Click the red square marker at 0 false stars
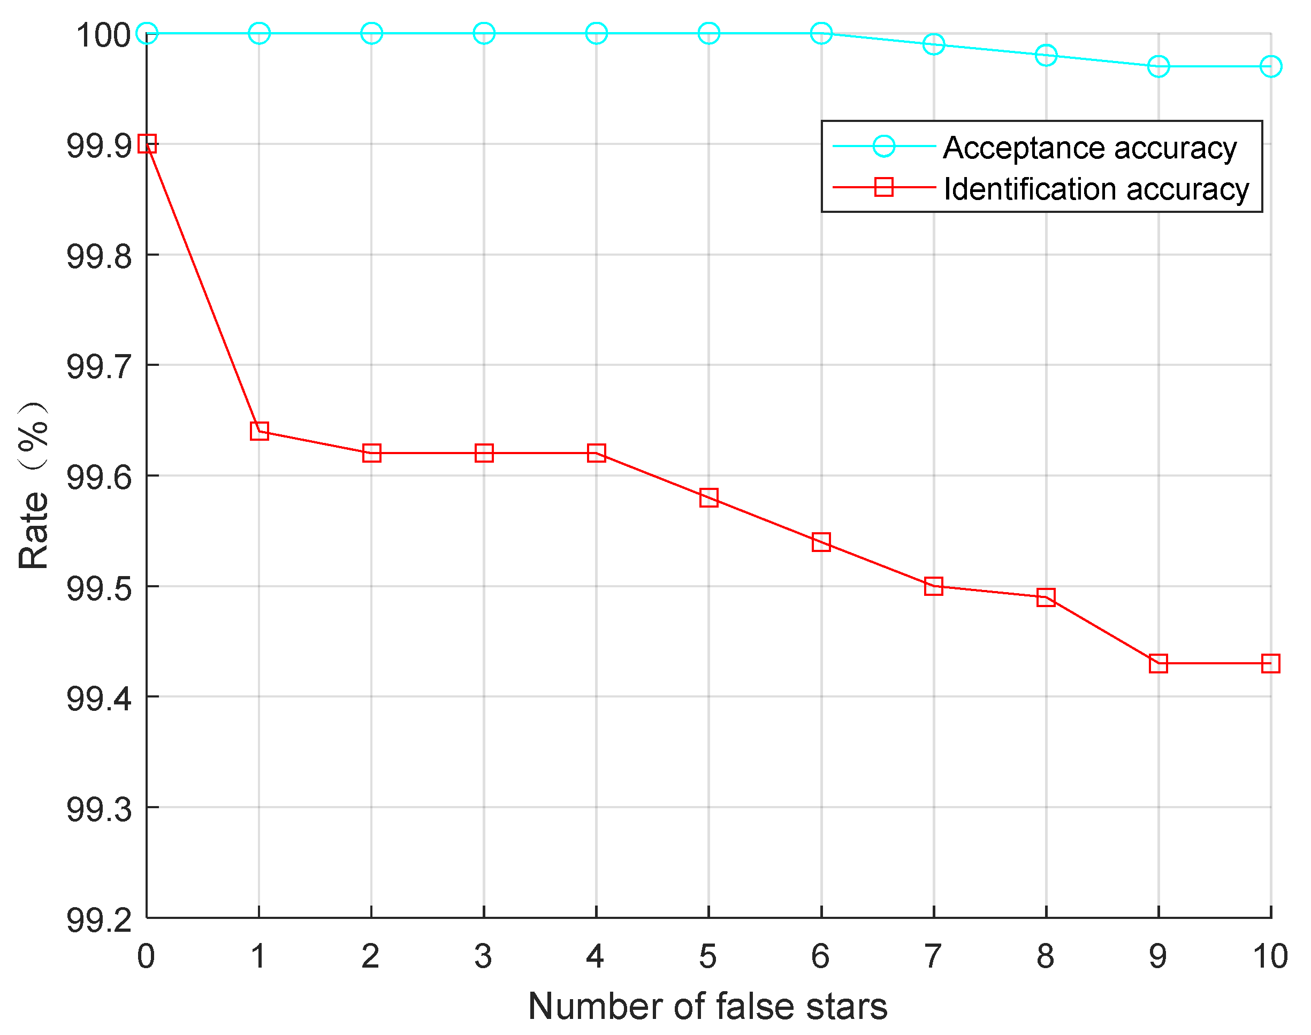(147, 143)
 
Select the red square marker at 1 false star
(260, 431)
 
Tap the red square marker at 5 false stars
(708, 497)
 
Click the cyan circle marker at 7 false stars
(933, 44)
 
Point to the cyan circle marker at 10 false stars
(1270, 66)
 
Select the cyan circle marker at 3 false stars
(484, 33)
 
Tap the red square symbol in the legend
(883, 187)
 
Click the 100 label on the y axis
(103, 35)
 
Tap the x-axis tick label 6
(821, 957)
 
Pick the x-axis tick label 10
(1270, 957)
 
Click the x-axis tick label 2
(371, 957)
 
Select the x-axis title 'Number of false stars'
(707, 1007)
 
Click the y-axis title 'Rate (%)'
(33, 485)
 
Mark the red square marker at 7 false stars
(933, 586)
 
